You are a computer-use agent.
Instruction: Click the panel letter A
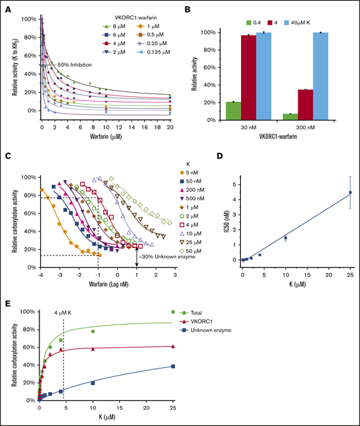[6, 7]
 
